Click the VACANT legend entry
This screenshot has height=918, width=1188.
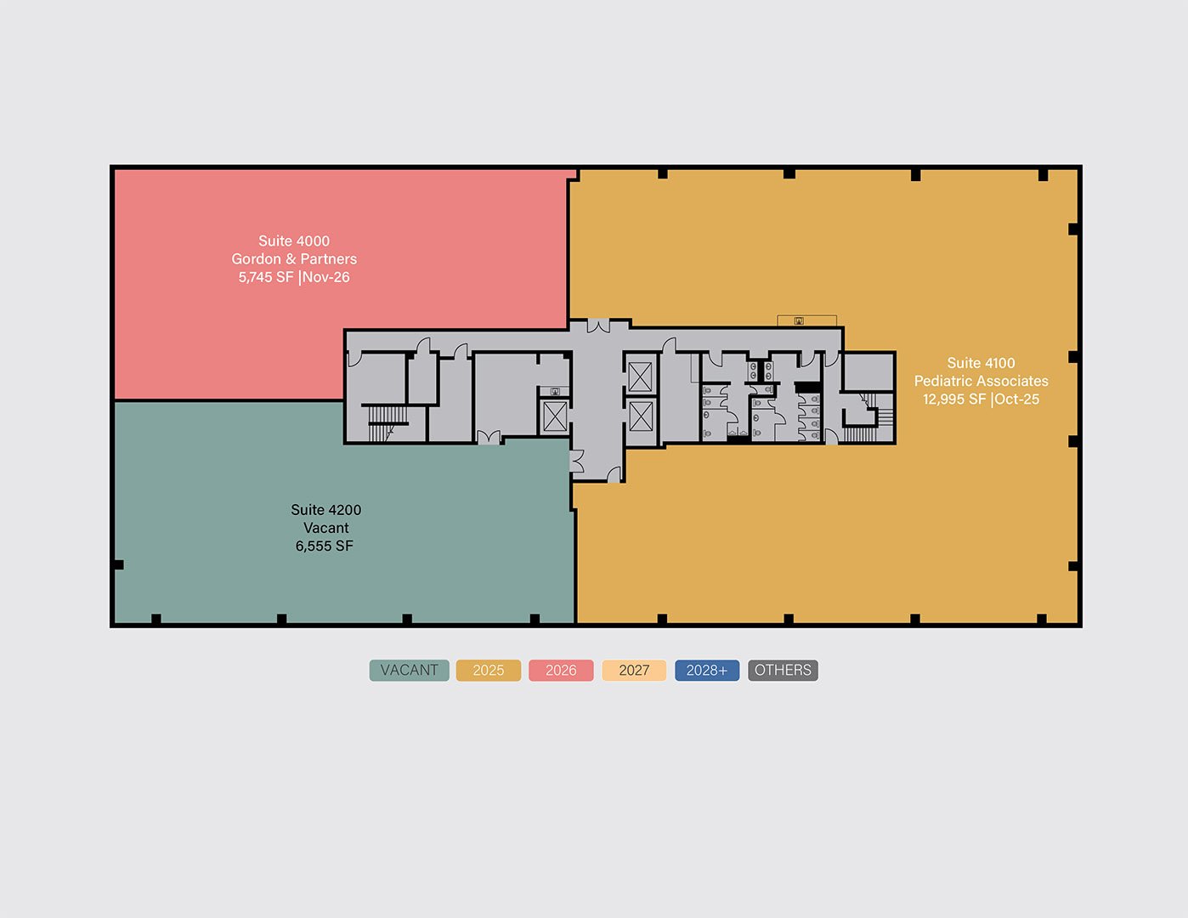(x=409, y=671)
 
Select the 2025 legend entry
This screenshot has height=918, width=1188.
(x=489, y=671)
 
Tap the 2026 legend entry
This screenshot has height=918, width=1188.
(x=561, y=671)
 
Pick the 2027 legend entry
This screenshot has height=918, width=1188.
(x=634, y=671)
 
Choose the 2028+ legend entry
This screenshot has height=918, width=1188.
(x=707, y=671)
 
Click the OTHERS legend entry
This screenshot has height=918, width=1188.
(x=783, y=671)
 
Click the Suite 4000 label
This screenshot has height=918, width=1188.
(x=294, y=241)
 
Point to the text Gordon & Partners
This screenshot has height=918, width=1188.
(x=294, y=259)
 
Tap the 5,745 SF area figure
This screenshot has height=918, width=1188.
(x=266, y=277)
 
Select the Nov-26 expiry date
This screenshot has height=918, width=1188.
(x=325, y=277)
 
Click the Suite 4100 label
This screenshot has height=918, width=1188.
(x=981, y=363)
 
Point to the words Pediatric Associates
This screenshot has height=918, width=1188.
(x=982, y=381)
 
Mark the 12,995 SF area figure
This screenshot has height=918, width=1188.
(x=954, y=399)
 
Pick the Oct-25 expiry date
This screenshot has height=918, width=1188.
(x=1017, y=399)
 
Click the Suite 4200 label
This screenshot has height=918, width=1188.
(x=325, y=510)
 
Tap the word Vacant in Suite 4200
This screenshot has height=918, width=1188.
(x=325, y=528)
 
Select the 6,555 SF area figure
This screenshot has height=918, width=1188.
(x=325, y=547)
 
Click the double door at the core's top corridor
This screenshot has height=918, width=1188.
(x=598, y=326)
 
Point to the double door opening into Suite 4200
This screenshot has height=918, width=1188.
(x=489, y=437)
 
